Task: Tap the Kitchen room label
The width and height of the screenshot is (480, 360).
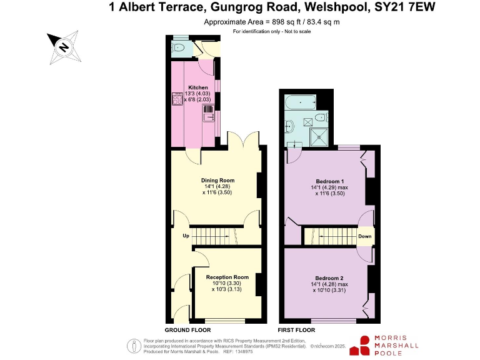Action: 197,87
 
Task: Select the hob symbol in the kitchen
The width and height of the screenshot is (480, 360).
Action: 177,99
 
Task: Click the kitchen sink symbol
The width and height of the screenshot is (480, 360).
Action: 207,112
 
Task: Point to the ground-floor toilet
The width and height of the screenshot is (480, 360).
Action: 179,47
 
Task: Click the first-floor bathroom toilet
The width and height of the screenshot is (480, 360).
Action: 319,117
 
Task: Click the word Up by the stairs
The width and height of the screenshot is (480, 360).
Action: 186,236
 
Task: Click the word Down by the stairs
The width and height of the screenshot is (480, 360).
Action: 365,236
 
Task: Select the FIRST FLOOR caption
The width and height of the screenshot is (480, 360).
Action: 296,329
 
